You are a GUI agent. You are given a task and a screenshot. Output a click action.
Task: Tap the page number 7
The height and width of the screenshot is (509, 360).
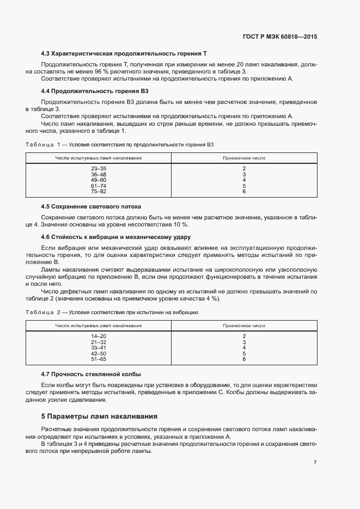315,462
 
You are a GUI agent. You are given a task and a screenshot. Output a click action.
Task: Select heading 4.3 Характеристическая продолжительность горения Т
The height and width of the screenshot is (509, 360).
124,54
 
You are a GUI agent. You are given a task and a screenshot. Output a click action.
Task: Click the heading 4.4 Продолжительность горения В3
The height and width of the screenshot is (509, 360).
95,91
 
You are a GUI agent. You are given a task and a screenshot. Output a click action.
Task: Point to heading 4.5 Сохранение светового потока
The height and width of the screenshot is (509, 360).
91,207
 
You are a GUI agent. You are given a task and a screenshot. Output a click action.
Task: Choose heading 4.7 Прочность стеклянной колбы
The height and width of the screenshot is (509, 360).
91,375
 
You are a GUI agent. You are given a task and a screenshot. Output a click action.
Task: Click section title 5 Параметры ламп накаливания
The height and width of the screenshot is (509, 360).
100,416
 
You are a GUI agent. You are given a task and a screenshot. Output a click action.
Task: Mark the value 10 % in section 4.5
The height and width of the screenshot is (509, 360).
180,224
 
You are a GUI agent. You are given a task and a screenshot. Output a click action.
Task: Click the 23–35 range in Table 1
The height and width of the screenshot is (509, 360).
99,169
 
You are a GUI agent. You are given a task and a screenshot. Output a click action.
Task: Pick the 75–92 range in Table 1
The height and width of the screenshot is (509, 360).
99,192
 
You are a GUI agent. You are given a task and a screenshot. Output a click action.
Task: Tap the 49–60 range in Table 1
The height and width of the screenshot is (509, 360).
99,180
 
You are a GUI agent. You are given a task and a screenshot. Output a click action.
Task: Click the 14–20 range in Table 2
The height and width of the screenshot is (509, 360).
99,336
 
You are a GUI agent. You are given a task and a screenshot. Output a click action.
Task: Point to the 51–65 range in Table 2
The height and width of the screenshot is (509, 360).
99,359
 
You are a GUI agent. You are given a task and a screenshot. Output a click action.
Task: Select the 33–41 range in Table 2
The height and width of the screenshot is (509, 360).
99,348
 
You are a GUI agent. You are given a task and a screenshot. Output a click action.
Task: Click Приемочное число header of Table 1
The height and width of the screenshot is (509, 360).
244,158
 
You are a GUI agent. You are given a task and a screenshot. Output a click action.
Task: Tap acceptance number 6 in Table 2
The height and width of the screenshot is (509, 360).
244,359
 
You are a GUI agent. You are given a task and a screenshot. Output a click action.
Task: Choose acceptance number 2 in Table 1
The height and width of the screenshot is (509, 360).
244,169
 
